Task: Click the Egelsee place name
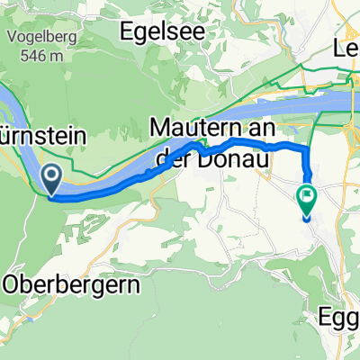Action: pyautogui.click(x=162, y=30)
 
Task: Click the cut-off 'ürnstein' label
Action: pyautogui.click(x=43, y=136)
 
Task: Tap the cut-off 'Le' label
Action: pyautogui.click(x=347, y=49)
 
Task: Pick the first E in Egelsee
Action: pyautogui.click(x=127, y=30)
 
